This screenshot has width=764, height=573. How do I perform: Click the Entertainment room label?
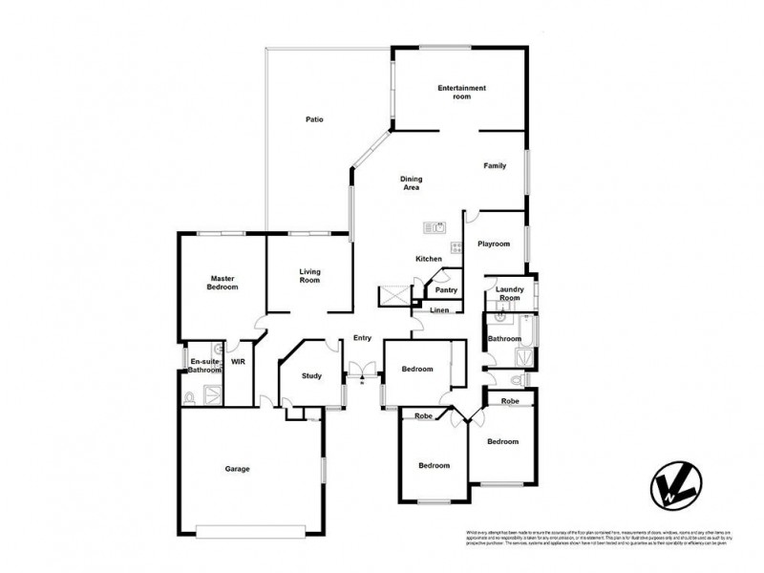tap(461, 93)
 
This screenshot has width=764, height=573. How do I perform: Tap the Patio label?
tap(314, 119)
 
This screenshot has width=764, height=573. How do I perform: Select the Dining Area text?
tap(411, 183)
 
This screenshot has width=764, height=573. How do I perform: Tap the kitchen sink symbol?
tap(436, 227)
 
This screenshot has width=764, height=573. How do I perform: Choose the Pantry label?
tap(445, 290)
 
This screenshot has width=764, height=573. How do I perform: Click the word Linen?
tap(439, 311)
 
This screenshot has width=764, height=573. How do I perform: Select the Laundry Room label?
tap(510, 294)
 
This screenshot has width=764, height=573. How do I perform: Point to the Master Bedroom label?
tap(223, 283)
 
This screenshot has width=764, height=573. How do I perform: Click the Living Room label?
tap(309, 276)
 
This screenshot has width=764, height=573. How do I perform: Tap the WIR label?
tap(238, 362)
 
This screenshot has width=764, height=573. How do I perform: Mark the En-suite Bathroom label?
tap(204, 366)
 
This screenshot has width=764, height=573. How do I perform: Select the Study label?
tap(311, 376)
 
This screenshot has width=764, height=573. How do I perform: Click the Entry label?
tap(362, 338)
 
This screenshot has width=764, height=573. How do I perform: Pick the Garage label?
tap(237, 469)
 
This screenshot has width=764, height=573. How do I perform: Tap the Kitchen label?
tap(428, 260)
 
